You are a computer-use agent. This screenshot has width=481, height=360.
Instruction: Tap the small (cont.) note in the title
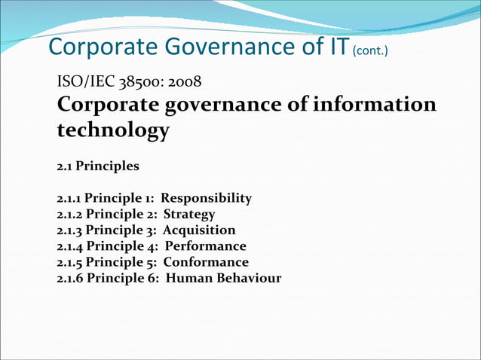(x=370, y=50)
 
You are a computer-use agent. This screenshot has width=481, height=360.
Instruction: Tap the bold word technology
(x=113, y=130)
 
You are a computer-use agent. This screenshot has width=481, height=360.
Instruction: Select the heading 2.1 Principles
(x=98, y=165)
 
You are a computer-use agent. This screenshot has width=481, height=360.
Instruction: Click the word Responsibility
(x=207, y=199)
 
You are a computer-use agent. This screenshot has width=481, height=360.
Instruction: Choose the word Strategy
(x=189, y=215)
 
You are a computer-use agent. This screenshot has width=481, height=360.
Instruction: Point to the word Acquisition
(x=199, y=230)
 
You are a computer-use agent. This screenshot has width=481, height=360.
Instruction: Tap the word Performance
(x=206, y=246)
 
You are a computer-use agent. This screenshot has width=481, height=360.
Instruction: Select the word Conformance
(x=206, y=262)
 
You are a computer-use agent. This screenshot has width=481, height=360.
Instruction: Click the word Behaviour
(x=247, y=278)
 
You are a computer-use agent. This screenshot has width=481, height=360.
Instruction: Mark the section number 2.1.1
(x=69, y=199)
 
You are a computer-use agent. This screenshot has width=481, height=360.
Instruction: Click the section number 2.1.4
(x=70, y=246)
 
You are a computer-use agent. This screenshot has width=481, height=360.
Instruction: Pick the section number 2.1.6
(x=70, y=278)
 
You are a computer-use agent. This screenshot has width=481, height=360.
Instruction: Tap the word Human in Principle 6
(x=187, y=278)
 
